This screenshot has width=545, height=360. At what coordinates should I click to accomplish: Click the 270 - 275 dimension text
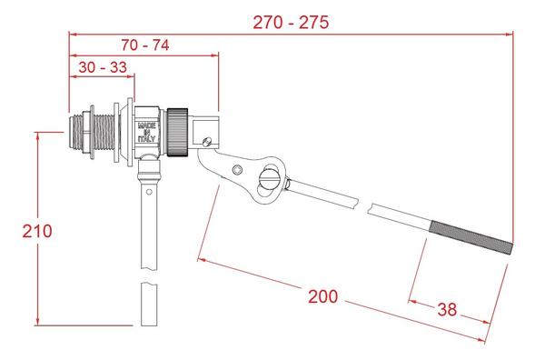tap(291, 21)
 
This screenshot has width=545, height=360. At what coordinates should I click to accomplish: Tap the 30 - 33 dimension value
tap(101, 67)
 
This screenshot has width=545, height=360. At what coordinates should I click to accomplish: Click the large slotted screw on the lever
tap(269, 175)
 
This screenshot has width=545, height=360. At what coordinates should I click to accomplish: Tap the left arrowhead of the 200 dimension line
tap(201, 260)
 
